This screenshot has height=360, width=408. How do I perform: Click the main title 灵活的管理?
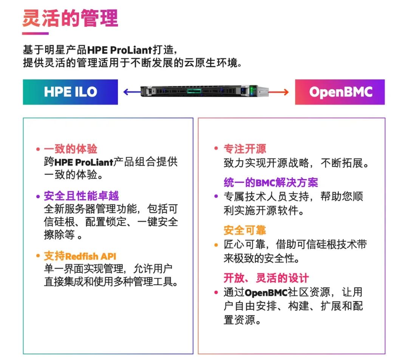[70, 18]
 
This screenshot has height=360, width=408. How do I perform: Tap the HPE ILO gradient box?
[70, 92]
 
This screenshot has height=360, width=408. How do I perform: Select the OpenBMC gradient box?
[340, 92]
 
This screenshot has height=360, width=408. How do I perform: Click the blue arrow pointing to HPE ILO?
[132, 92]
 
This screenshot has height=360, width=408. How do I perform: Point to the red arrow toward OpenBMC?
[278, 92]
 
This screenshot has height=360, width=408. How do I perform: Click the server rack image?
[204, 91]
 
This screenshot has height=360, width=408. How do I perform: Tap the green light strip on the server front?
[194, 91]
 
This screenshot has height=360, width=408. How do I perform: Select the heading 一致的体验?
[71, 149]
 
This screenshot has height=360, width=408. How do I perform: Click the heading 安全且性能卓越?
[81, 196]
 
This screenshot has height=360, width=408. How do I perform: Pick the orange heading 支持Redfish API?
[80, 256]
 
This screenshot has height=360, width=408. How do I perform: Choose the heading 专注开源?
[245, 149]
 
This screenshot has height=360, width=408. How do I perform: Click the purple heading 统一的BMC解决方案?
[271, 182]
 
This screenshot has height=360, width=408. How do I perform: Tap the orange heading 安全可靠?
[245, 230]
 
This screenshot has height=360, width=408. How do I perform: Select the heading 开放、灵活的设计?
[266, 278]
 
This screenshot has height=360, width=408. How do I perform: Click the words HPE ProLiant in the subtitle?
[119, 50]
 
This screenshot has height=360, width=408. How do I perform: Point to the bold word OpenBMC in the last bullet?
[266, 293]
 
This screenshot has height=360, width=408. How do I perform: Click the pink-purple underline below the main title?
[36, 33]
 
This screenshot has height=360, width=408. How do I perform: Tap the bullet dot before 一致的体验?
[38, 149]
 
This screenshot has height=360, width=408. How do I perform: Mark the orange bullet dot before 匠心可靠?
[216, 245]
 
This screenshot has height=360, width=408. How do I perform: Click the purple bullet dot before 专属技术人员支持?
[216, 196]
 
